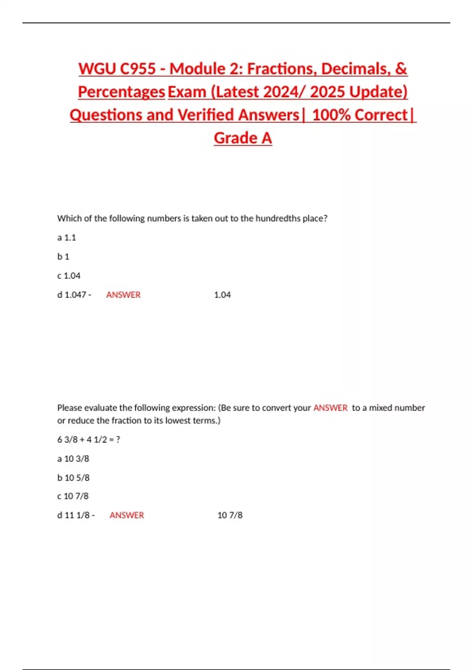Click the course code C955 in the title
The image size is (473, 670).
138,69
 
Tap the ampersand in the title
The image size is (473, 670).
400,69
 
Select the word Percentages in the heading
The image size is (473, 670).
121,92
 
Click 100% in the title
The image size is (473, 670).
331,115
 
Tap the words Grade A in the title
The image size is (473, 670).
243,138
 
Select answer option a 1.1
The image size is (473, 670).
67,238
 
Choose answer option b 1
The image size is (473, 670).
63,257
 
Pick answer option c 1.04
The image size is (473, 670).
69,276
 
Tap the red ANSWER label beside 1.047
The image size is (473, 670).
123,295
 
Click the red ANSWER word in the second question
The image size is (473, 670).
330,408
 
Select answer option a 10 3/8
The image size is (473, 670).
73,459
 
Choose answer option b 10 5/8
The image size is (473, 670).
73,478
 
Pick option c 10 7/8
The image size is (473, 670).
73,496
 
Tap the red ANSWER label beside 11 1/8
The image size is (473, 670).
127,515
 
